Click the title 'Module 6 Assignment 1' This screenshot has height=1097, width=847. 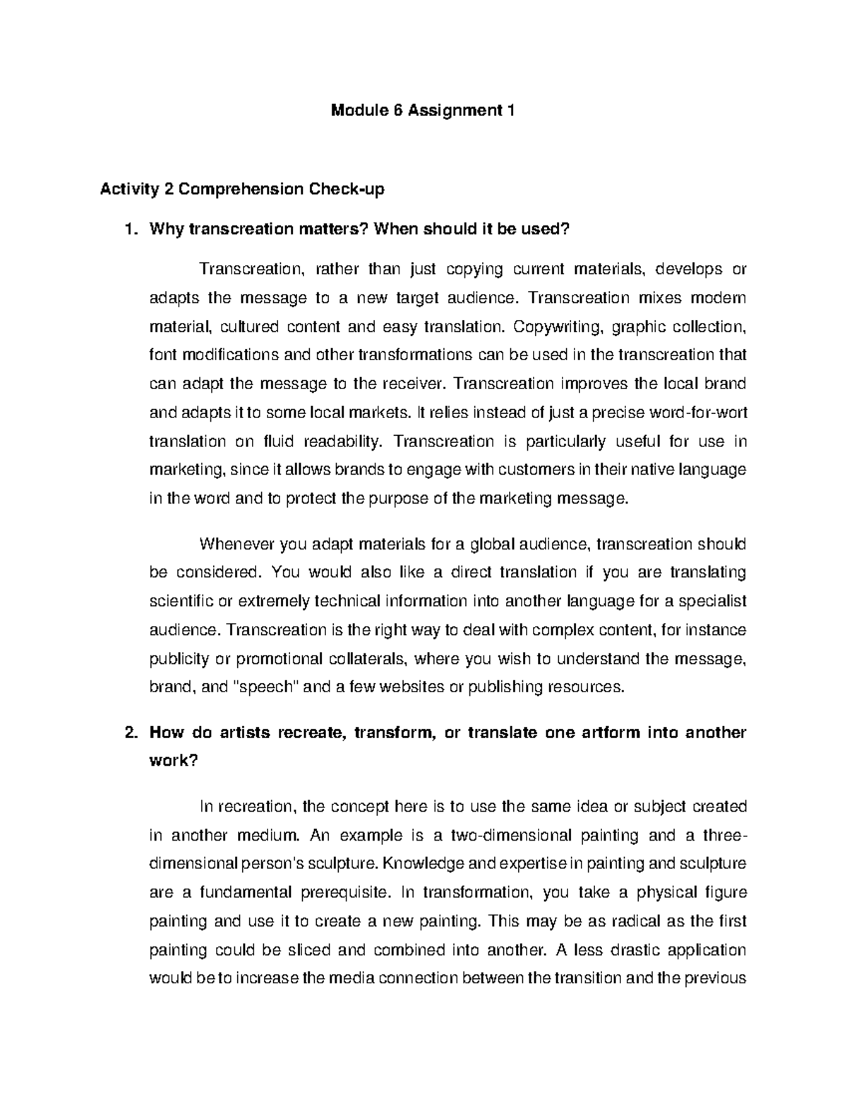(423, 111)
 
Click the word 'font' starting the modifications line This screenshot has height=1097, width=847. (162, 355)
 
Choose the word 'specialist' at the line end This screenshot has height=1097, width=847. (714, 601)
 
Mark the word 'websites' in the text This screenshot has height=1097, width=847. (409, 687)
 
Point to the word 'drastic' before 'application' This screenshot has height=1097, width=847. (630, 950)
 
